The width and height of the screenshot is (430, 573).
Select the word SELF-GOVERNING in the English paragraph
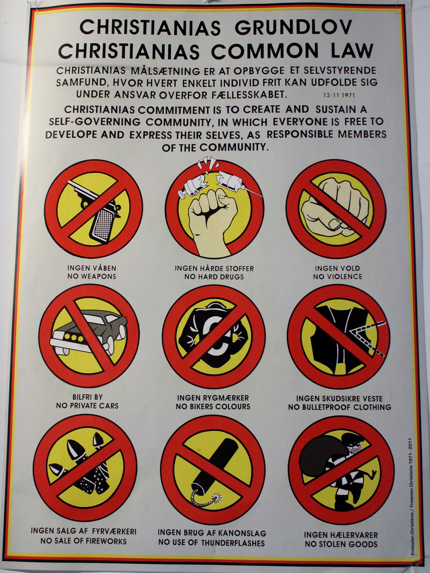click(x=95, y=122)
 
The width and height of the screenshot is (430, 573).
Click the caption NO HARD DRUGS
click(x=214, y=277)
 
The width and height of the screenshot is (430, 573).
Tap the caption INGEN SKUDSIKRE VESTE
click(x=339, y=398)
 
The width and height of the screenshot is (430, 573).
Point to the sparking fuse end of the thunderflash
click(x=216, y=498)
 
